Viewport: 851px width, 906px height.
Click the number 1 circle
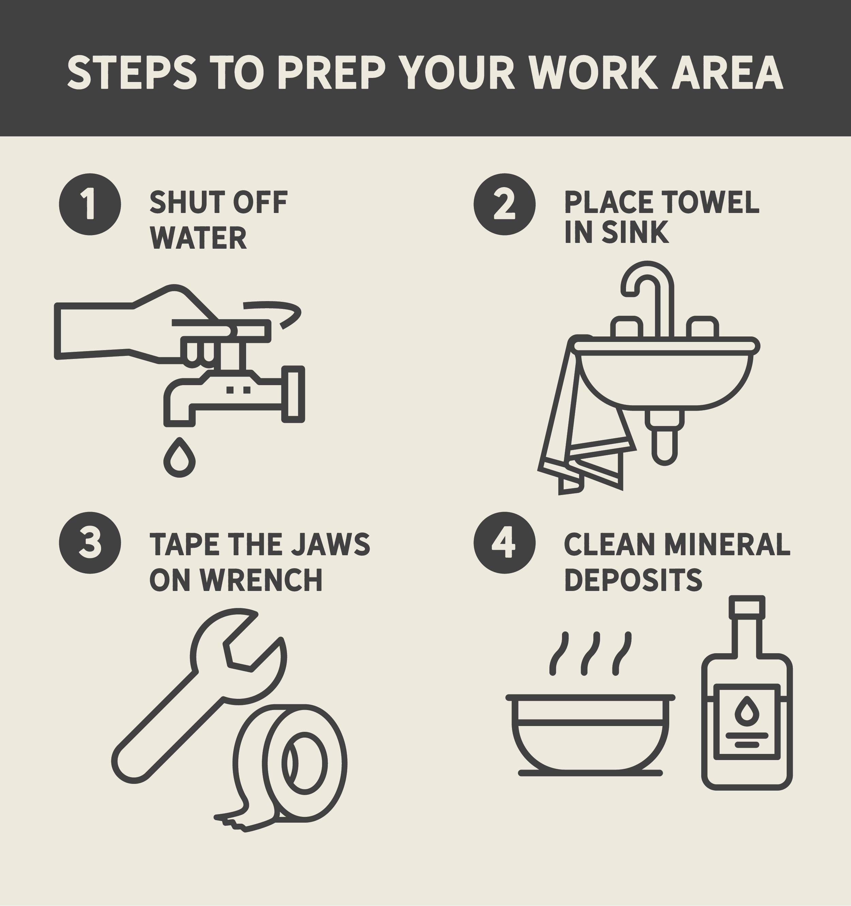click(x=90, y=204)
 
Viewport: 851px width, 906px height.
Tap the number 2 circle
click(x=504, y=204)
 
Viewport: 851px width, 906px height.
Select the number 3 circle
click(x=90, y=542)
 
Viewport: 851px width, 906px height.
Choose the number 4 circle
click(x=504, y=542)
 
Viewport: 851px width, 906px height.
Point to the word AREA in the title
click(x=727, y=73)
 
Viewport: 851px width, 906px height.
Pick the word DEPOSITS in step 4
click(x=633, y=580)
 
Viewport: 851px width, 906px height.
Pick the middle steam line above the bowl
click(x=590, y=654)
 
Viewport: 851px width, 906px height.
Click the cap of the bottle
click(x=746, y=607)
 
